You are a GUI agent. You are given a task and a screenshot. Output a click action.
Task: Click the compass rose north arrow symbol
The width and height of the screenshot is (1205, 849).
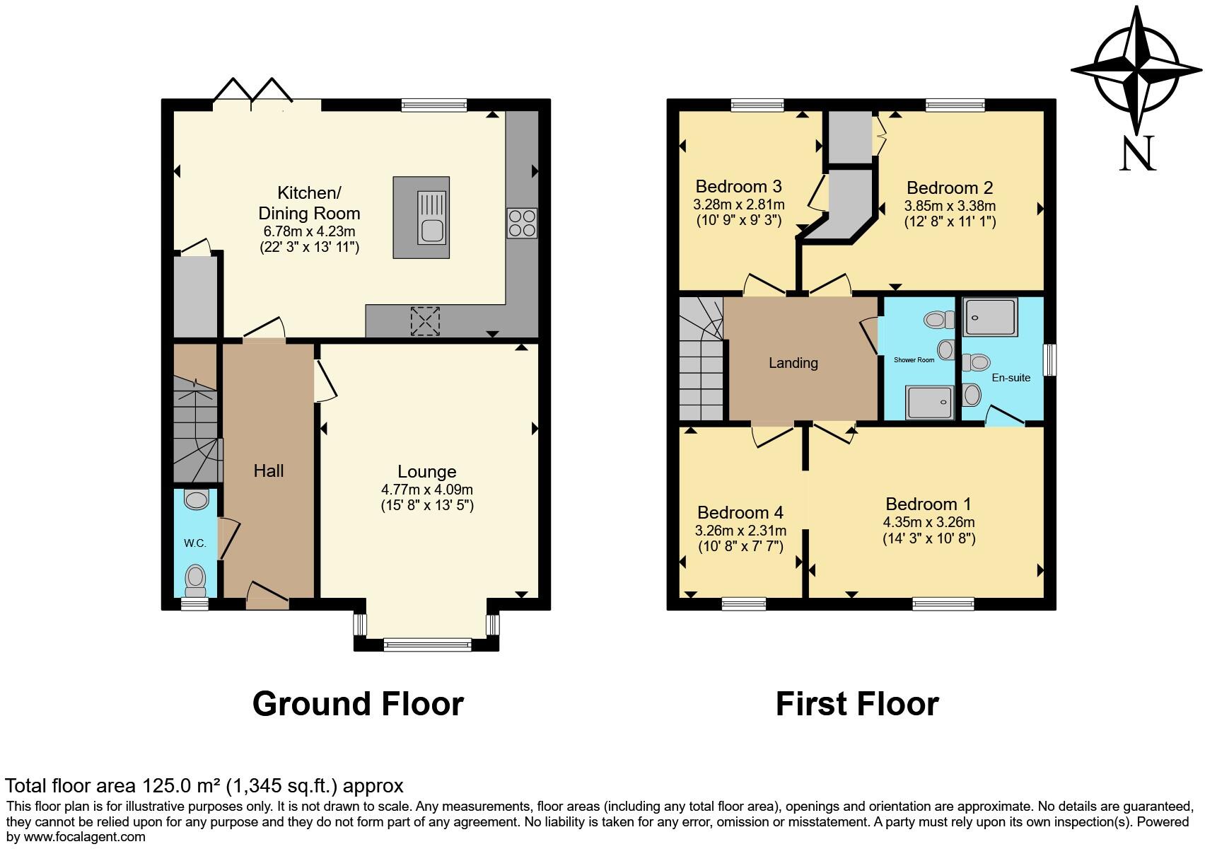tap(1136, 71)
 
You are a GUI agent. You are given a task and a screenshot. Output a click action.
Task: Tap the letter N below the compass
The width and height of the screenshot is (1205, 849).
tap(1138, 154)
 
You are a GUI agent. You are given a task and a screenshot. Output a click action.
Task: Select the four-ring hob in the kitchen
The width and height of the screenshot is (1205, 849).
tap(521, 223)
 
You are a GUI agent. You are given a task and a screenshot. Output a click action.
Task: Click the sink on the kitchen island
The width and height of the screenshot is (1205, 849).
tap(431, 229)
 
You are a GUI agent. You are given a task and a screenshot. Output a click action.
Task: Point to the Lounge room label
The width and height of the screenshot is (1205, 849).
tap(426, 472)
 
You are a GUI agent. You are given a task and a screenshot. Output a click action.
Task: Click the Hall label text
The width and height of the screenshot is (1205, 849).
tap(269, 471)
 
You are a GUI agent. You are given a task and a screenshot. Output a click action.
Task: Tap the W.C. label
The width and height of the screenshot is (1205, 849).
tap(195, 543)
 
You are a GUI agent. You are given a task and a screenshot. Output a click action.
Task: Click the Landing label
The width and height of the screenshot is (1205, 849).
tap(793, 363)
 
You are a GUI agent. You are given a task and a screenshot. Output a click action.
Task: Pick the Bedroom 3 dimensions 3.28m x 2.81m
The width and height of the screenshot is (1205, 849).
tap(739, 204)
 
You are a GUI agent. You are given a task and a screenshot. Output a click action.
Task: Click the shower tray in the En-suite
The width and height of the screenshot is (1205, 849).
tap(991, 317)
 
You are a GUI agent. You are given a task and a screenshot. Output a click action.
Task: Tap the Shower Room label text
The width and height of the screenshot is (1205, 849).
tap(914, 360)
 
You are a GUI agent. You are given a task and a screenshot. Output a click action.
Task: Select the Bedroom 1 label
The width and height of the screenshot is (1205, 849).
tap(928, 504)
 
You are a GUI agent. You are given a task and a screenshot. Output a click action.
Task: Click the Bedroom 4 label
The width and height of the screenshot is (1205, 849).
tap(740, 513)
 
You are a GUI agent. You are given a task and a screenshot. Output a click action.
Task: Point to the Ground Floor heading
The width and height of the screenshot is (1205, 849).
tap(358, 704)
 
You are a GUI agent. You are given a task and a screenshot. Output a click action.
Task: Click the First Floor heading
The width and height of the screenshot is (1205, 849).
tap(857, 704)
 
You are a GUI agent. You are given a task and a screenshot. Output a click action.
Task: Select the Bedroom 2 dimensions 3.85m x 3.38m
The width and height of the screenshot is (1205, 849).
tap(950, 206)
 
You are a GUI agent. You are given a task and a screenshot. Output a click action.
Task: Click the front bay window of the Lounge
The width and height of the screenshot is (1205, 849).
tap(427, 644)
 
